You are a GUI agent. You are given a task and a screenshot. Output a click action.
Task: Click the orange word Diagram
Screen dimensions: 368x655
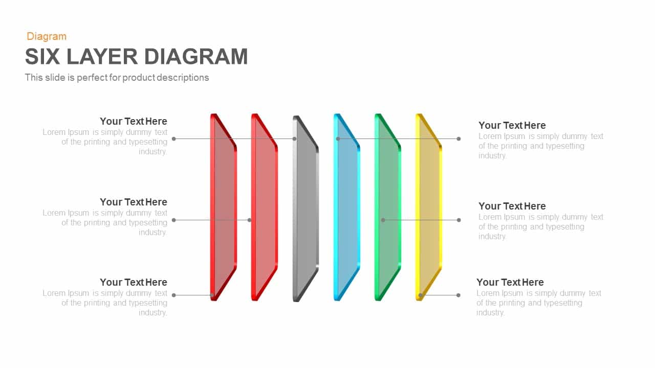[x=47, y=36]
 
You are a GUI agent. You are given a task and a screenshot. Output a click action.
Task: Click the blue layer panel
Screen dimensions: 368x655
[x=348, y=210]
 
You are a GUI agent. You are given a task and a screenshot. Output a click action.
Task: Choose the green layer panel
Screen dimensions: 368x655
[x=389, y=210]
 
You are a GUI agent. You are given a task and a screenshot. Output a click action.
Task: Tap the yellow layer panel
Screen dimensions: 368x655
[x=430, y=210]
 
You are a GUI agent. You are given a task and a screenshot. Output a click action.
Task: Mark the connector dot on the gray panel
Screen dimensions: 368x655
[x=294, y=139]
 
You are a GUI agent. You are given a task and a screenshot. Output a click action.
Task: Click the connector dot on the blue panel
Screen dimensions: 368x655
[x=338, y=139]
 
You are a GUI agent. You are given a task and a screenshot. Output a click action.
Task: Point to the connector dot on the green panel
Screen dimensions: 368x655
[x=383, y=220]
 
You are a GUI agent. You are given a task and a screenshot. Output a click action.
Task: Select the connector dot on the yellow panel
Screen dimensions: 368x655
[x=420, y=295]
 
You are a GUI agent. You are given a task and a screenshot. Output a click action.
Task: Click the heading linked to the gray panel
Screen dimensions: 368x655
[x=134, y=121]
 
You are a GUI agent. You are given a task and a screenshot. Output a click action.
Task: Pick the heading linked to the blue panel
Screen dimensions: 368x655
[x=512, y=125]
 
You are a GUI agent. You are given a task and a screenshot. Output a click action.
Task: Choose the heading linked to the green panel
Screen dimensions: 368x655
[x=512, y=206]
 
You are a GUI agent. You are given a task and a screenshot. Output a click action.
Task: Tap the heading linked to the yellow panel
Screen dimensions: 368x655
[x=510, y=282]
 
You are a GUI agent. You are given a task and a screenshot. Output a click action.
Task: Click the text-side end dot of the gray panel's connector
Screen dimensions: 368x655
[x=174, y=139]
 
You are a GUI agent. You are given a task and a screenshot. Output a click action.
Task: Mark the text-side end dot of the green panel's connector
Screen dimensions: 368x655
[x=458, y=220]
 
